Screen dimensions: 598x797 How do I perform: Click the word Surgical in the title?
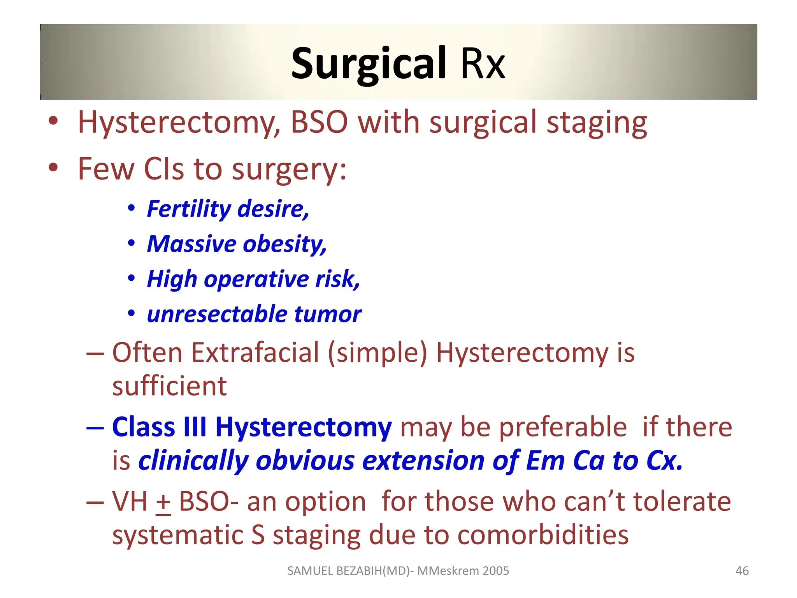[x=368, y=64]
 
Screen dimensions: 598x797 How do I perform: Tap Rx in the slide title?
[x=483, y=64]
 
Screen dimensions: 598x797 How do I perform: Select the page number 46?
[x=742, y=571]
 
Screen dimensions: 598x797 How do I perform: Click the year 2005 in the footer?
[x=495, y=571]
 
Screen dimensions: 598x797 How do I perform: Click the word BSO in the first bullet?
[x=319, y=122]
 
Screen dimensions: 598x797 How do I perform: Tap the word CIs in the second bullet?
[x=164, y=169]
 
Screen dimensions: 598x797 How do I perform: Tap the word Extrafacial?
[x=255, y=353]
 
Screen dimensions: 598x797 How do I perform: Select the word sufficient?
[x=169, y=386]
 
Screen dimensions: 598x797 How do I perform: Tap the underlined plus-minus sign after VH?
[x=163, y=502]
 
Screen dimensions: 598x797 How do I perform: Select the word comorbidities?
[x=543, y=535]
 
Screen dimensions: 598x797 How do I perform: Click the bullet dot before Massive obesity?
[x=132, y=243]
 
